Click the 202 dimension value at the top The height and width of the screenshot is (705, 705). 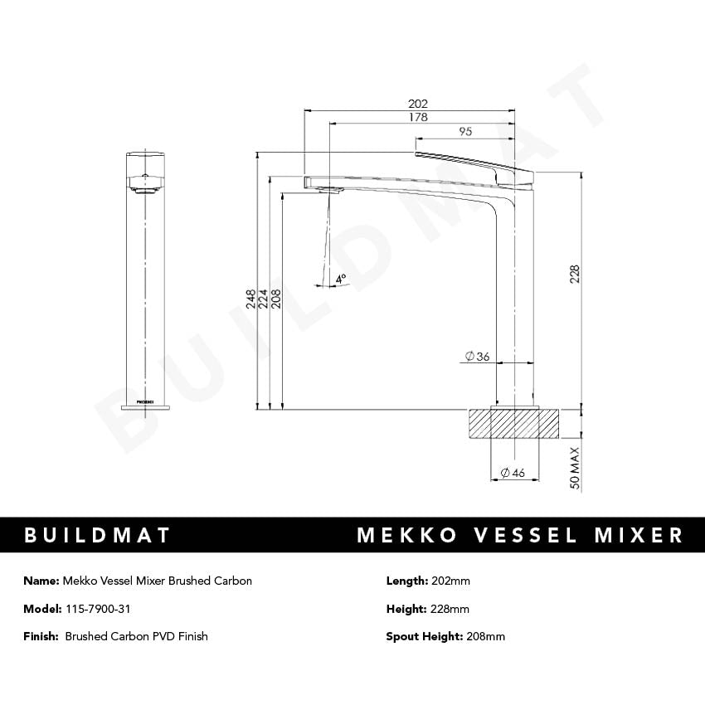pos(418,104)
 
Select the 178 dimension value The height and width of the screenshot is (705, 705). pos(418,118)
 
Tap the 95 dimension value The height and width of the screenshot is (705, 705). pos(465,132)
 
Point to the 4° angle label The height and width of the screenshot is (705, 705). pos(341,280)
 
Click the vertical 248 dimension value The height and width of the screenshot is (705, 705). pos(250,299)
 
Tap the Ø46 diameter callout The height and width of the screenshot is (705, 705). pos(513,474)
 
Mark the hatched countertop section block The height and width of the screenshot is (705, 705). pos(515,423)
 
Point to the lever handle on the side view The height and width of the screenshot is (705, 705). pos(473,161)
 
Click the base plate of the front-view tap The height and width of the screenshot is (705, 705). pos(146,406)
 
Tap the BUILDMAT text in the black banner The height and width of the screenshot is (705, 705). pos(97,535)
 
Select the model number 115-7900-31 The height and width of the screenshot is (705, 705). pos(97,609)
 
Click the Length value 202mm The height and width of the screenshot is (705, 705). pos(450,581)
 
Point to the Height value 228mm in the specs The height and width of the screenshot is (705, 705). pos(450,609)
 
